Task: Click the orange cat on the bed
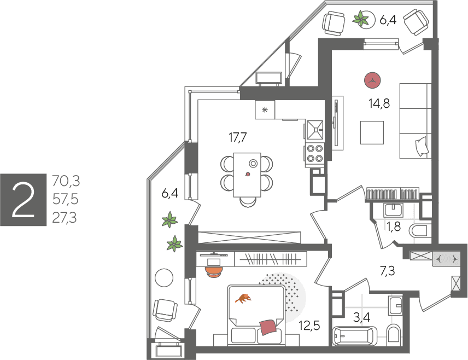tap(243, 298)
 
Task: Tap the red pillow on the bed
tap(268, 327)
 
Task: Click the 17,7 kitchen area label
tap(238, 137)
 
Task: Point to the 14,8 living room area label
tap(379, 103)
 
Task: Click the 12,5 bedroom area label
tap(309, 326)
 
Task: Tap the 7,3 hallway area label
tap(387, 271)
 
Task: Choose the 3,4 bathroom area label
tap(362, 317)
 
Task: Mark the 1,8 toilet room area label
tap(394, 227)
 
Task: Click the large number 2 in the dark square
tap(23, 200)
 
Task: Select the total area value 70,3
tap(66, 181)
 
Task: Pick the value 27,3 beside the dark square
tap(65, 218)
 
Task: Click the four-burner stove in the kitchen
tap(314, 153)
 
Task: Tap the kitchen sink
tap(315, 129)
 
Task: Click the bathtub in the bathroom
tap(355, 336)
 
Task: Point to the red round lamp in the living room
tap(372, 80)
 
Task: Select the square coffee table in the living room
tap(372, 132)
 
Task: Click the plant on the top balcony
tap(360, 19)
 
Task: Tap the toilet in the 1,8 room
tap(418, 231)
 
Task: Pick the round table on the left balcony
tap(164, 278)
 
